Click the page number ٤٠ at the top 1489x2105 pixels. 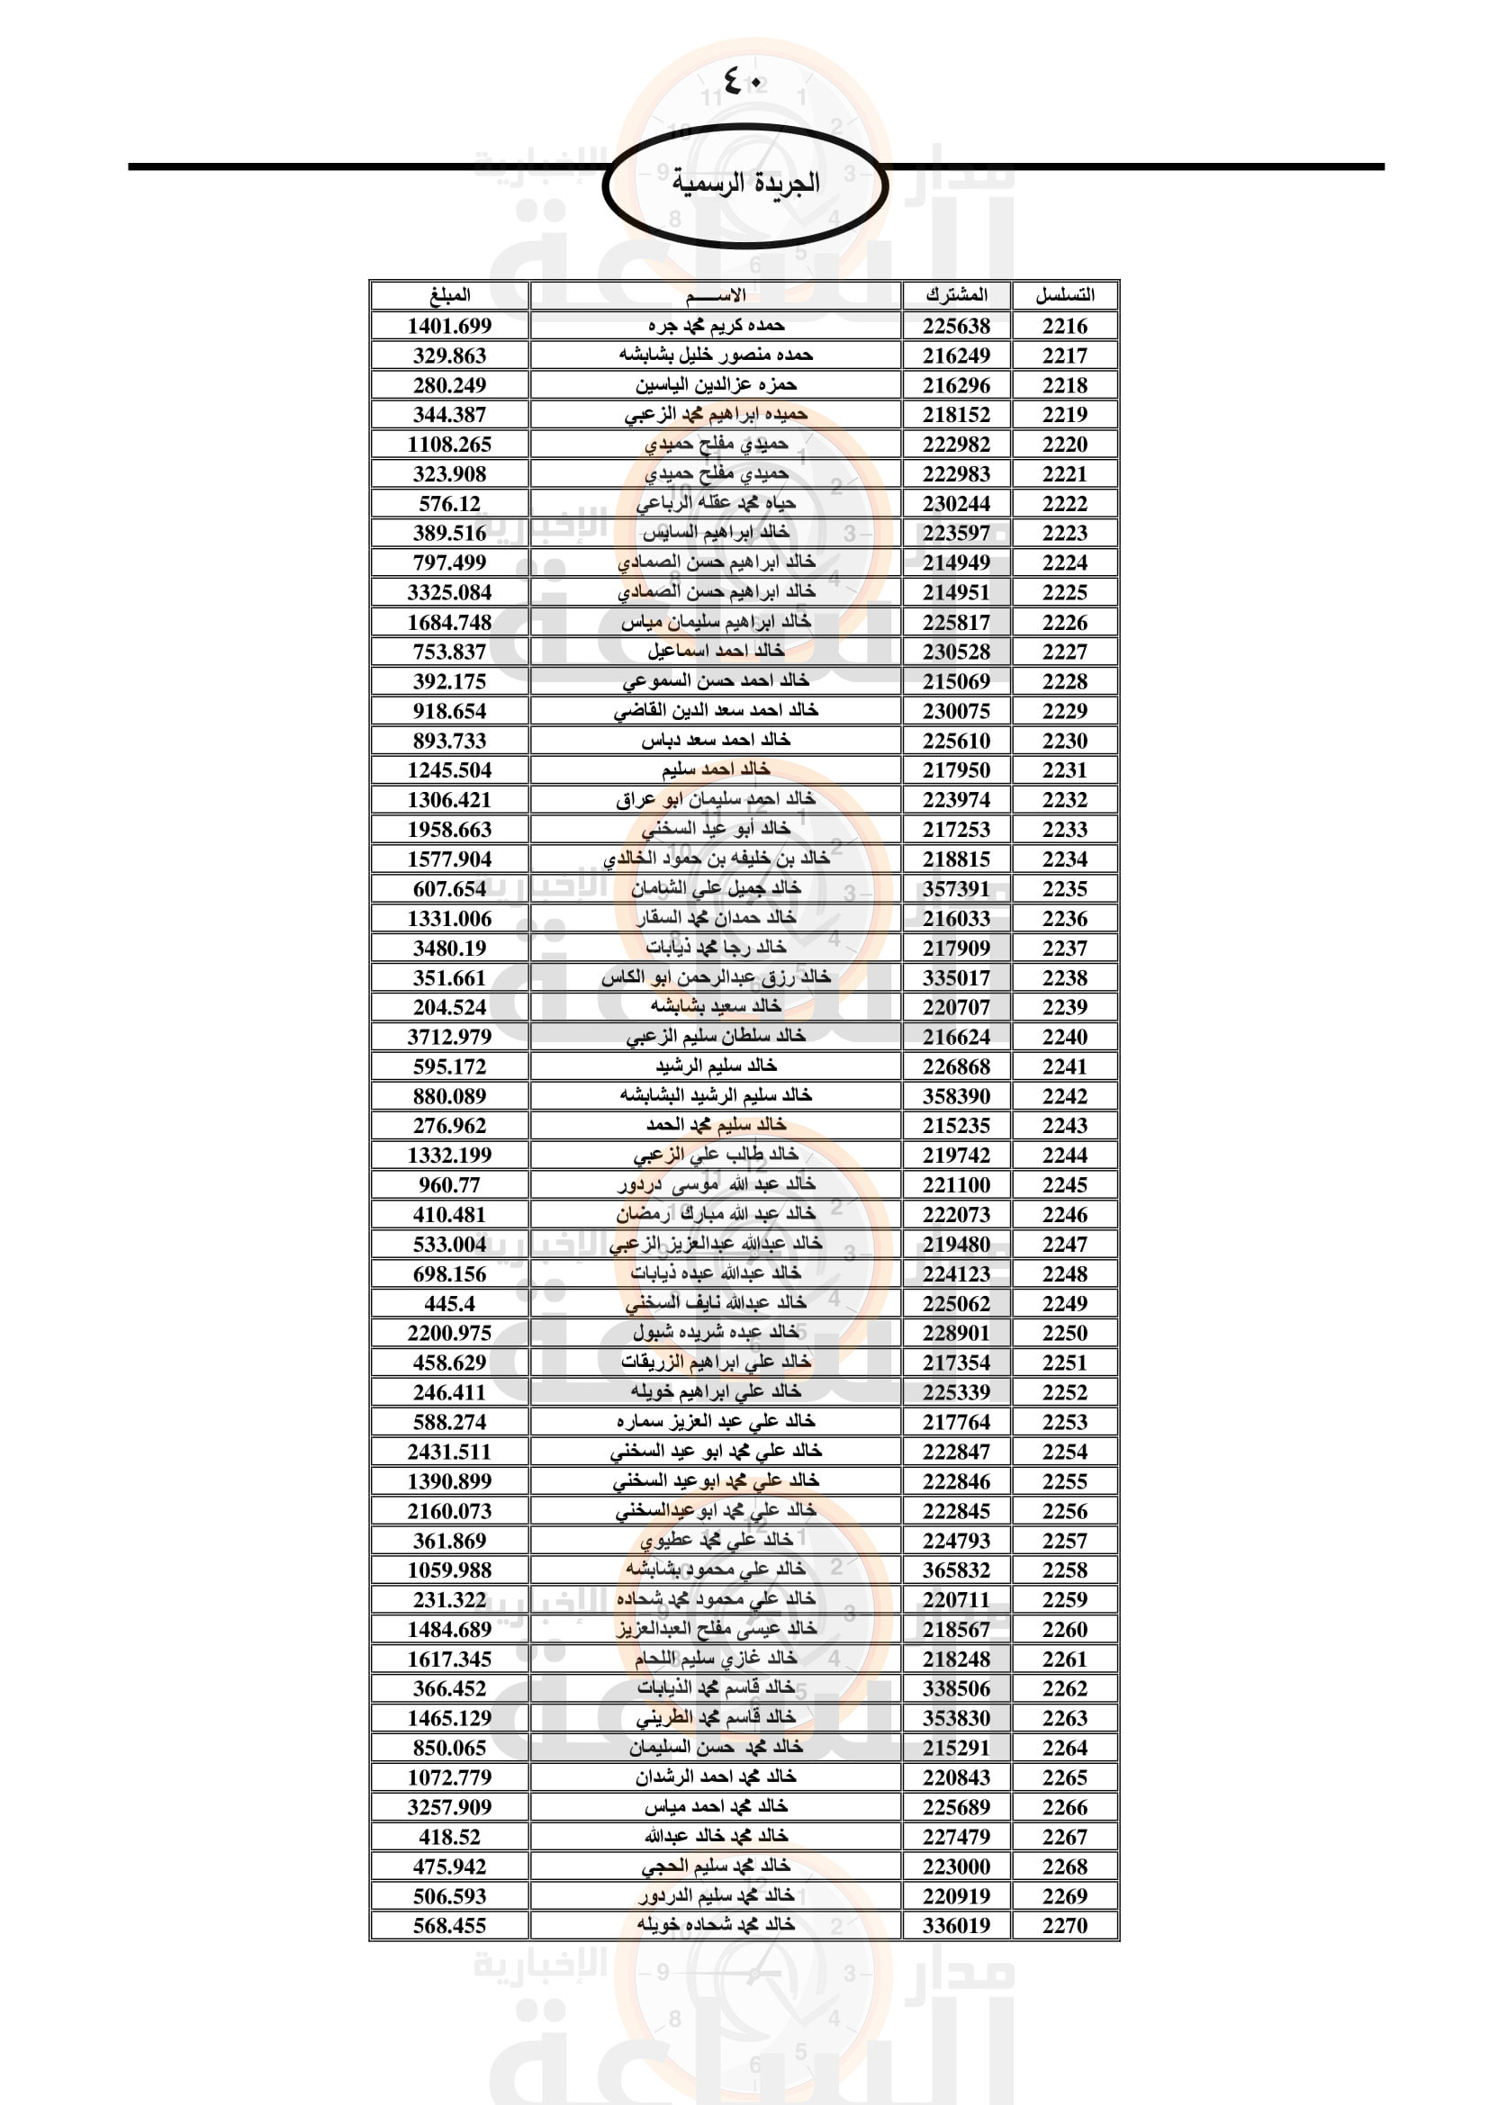743,81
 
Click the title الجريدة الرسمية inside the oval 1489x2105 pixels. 745,183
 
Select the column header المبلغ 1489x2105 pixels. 449,295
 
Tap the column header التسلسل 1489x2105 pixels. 1064,295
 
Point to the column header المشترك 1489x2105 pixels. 956,295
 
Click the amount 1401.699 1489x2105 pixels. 449,326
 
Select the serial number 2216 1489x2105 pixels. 1064,326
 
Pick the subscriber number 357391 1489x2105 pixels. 956,888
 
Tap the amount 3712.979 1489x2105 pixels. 449,1037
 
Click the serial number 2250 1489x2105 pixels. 1064,1333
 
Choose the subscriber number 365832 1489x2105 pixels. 956,1570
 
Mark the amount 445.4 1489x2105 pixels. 449,1303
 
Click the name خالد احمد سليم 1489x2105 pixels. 716,769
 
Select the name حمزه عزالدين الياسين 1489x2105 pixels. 716,385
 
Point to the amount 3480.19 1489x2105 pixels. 449,948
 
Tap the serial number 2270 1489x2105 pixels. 1064,1925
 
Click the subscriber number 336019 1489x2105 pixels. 956,1925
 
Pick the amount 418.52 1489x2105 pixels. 449,1837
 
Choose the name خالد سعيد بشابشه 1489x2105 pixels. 716,1007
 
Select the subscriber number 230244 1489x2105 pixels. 956,503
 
